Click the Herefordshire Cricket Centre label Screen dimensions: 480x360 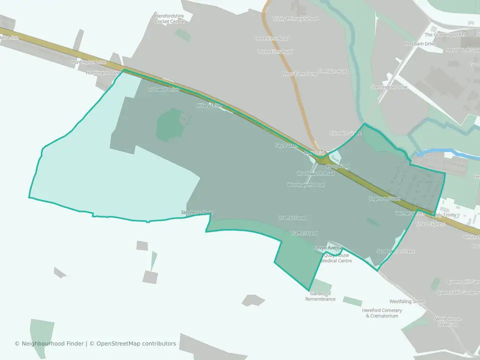point(169,18)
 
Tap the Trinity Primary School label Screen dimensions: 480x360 point(295,18)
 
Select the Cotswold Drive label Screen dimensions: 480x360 point(163,89)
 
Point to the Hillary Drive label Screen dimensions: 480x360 point(209,105)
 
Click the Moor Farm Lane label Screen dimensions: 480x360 point(299,73)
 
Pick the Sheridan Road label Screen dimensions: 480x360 point(333,71)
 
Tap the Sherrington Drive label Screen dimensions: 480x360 point(389,87)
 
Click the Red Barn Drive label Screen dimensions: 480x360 point(420,44)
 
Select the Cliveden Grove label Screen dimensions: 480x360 point(345,133)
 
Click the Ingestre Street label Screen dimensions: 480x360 point(385,198)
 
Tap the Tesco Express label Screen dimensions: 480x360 point(430,224)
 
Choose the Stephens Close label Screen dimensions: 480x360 point(196,212)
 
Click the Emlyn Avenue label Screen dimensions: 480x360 point(328,248)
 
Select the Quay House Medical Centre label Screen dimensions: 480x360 point(336,258)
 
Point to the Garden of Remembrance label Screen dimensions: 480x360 point(320,296)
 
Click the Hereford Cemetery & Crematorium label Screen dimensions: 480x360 point(382,313)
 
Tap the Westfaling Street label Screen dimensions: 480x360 point(407,301)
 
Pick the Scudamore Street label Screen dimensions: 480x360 point(395,251)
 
